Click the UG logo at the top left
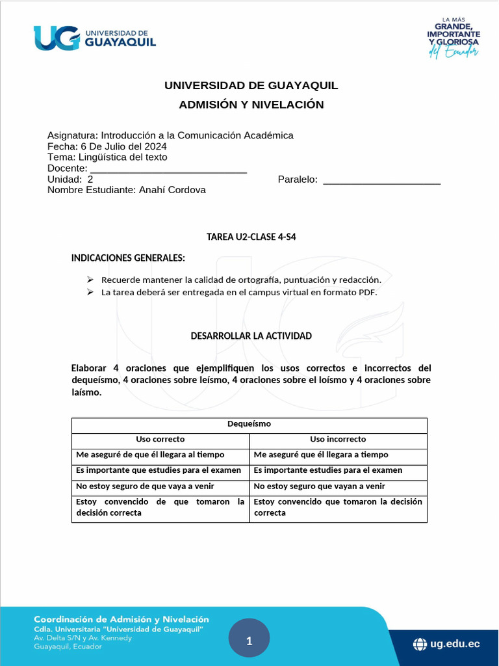click(x=95, y=38)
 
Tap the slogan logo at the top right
click(x=454, y=38)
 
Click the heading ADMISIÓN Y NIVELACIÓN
click(x=251, y=105)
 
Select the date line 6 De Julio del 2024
click(x=107, y=146)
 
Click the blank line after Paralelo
click(x=382, y=180)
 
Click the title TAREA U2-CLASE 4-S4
click(x=251, y=237)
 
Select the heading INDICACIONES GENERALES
click(x=128, y=258)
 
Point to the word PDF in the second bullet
click(x=368, y=292)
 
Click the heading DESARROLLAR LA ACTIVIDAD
click(x=251, y=336)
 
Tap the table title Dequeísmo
click(x=249, y=424)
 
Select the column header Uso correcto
click(x=160, y=439)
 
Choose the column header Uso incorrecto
click(x=338, y=439)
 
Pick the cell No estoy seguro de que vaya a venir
click(x=145, y=486)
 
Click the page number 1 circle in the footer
click(x=249, y=641)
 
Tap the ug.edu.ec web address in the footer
click(x=455, y=644)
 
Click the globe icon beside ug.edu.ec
click(x=420, y=645)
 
